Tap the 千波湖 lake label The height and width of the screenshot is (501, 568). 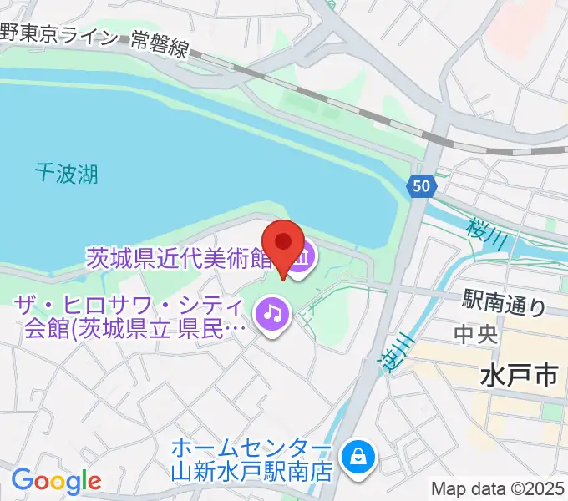(67, 173)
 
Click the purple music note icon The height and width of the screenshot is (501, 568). (271, 314)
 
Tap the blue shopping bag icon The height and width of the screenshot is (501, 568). (358, 456)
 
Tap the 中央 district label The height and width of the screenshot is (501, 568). (475, 335)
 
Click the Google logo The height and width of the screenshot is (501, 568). (56, 481)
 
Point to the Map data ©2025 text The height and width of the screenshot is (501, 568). (499, 488)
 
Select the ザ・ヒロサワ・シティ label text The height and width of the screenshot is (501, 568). (129, 305)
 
